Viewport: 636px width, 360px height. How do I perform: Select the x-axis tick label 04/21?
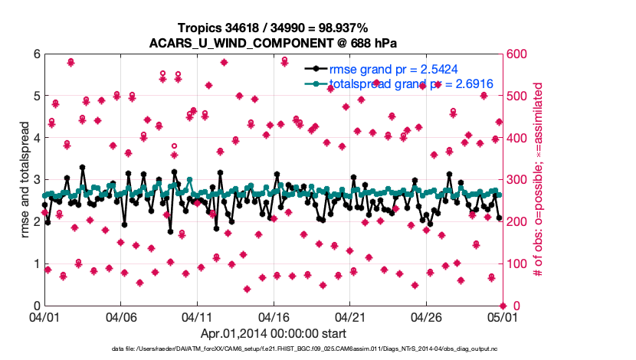click(349, 316)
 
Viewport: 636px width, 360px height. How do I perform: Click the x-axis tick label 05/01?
click(502, 316)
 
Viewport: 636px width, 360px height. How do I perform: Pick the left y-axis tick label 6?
click(36, 54)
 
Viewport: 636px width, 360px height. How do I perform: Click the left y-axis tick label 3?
click(36, 180)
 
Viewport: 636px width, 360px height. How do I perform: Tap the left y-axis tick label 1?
click(36, 264)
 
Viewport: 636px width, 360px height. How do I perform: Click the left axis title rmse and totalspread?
click(25, 180)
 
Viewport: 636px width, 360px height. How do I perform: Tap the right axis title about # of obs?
click(538, 180)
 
